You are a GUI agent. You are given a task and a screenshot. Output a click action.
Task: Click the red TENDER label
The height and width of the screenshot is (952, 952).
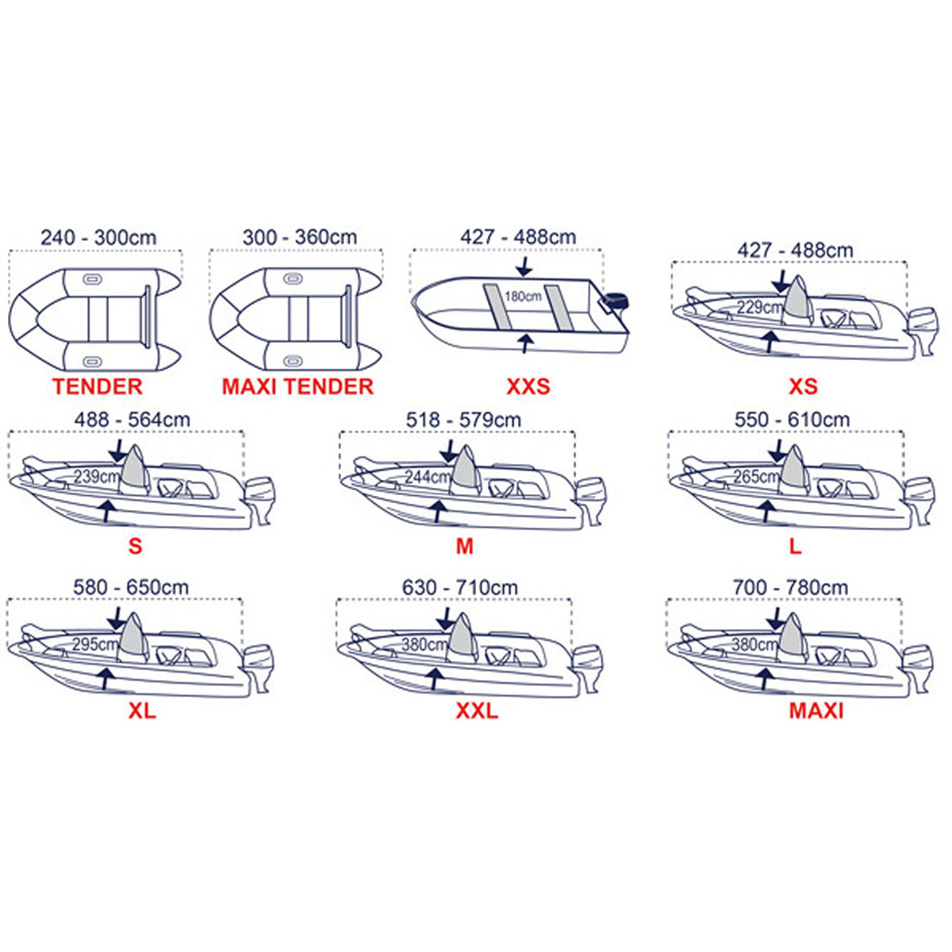click(98, 386)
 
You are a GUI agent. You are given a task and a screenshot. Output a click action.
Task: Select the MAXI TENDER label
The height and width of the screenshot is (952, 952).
click(297, 386)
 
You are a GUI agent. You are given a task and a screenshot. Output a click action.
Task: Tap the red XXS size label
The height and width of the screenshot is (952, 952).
click(528, 386)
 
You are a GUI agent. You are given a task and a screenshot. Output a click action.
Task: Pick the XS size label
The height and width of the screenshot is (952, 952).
click(803, 386)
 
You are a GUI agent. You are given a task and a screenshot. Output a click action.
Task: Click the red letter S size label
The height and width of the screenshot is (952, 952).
click(135, 547)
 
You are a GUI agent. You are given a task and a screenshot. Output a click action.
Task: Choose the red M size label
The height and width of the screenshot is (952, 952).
click(464, 547)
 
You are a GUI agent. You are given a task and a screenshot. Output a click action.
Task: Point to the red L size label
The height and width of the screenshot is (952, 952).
click(795, 547)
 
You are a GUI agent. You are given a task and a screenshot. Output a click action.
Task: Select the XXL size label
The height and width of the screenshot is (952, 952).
click(477, 711)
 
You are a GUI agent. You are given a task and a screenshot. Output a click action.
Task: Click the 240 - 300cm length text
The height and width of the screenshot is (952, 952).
click(98, 238)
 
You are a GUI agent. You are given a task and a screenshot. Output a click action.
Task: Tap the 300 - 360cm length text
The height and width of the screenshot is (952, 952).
click(299, 237)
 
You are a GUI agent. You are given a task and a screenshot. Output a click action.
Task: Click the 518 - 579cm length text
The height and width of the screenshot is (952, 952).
click(463, 420)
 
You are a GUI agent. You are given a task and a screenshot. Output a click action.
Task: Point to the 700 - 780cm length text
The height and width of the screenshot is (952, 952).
click(790, 587)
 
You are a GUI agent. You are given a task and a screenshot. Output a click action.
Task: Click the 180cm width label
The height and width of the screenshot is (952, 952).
click(523, 297)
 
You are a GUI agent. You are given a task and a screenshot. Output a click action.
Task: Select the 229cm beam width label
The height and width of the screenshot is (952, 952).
click(759, 307)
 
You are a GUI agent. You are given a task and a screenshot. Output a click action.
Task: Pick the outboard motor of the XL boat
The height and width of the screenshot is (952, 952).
click(258, 668)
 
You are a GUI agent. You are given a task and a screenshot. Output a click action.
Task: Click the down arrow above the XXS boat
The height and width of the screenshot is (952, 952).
click(526, 267)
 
